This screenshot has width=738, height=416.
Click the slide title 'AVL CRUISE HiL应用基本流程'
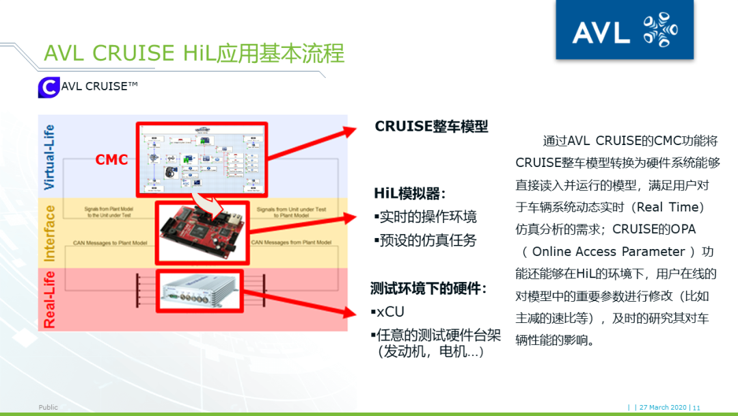(194, 53)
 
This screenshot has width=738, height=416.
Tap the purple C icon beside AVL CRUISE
(48, 88)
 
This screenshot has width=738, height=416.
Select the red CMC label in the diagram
(111, 159)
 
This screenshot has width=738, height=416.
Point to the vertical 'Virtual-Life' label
(49, 157)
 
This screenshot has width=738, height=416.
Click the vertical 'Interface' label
(49, 233)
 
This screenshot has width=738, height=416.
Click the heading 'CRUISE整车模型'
(431, 127)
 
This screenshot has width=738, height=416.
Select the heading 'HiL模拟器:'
(410, 193)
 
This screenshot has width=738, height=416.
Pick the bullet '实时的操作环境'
(426, 217)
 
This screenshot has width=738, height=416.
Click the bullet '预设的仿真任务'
(426, 240)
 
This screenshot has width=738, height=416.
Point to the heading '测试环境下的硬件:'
(428, 288)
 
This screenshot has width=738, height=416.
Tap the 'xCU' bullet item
(391, 312)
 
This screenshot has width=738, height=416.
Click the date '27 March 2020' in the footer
(664, 408)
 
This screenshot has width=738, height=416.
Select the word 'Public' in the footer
(49, 408)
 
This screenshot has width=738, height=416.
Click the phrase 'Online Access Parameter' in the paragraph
(608, 252)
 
